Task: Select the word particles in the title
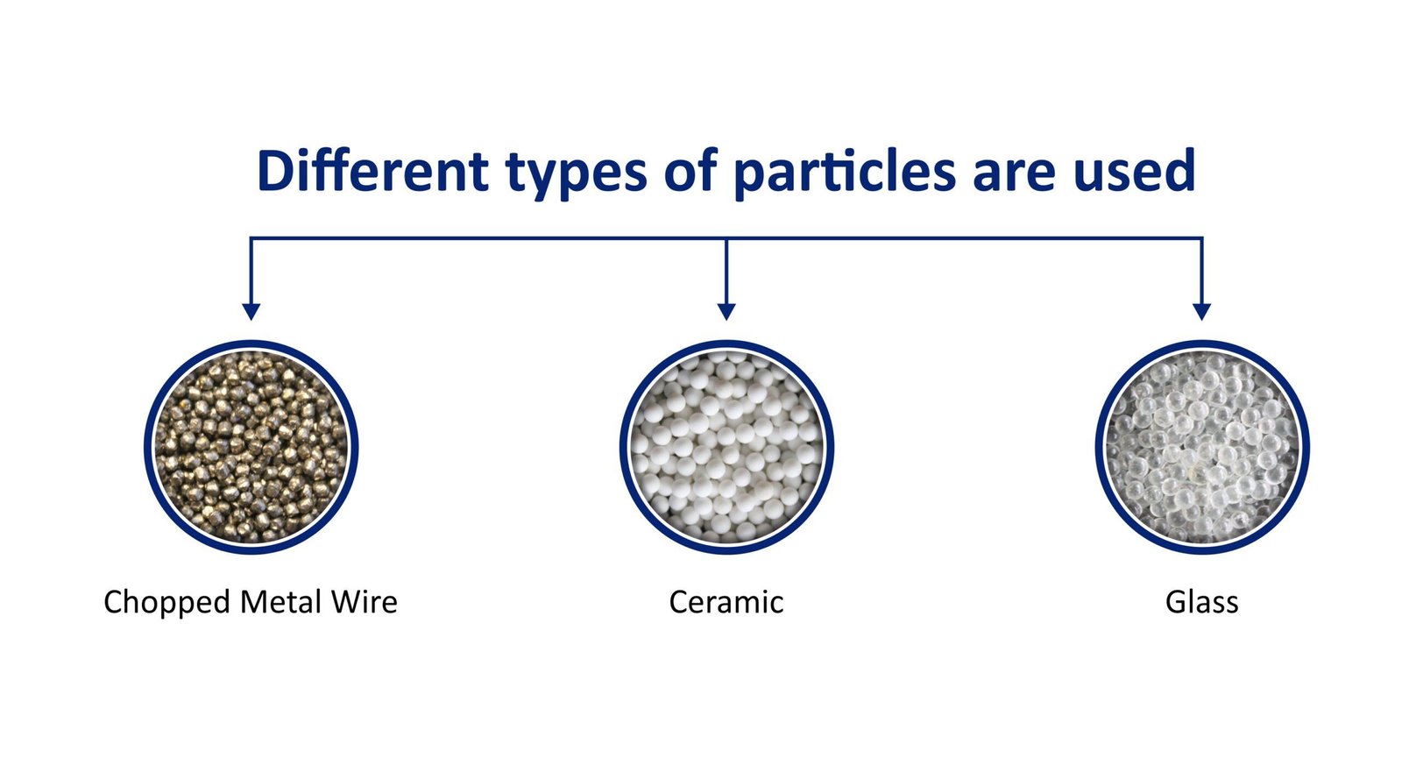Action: pos(844,173)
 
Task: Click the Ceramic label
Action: pos(726,602)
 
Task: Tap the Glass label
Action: pos(1201,602)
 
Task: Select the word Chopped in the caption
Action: pos(166,603)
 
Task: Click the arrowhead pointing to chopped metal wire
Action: pos(251,311)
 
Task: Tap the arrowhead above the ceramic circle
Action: pos(726,311)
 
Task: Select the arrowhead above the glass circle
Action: pos(1201,311)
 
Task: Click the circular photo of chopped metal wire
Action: pos(251,447)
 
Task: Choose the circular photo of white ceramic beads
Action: pos(726,447)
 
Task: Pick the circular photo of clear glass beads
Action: pos(1201,447)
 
